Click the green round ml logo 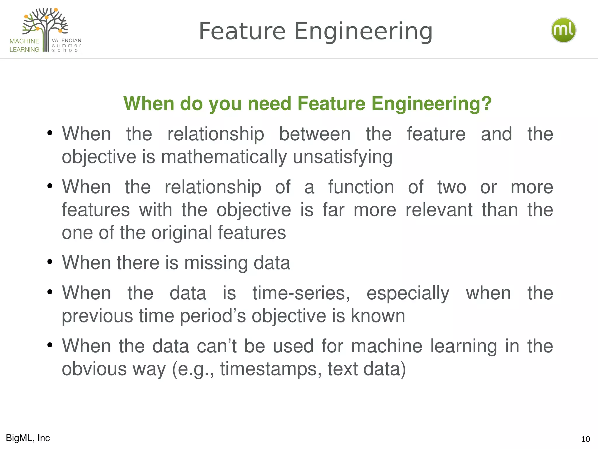point(563,30)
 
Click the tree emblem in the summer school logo point(46,26)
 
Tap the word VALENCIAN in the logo point(67,40)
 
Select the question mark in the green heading point(486,103)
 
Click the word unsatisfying point(343,157)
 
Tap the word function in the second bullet point(361,187)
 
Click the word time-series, point(301,293)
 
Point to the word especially point(408,293)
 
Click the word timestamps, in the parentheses point(271,369)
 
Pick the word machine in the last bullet point(387,346)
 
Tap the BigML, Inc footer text point(28,438)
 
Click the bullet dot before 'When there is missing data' point(50,262)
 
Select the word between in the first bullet point(315,134)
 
